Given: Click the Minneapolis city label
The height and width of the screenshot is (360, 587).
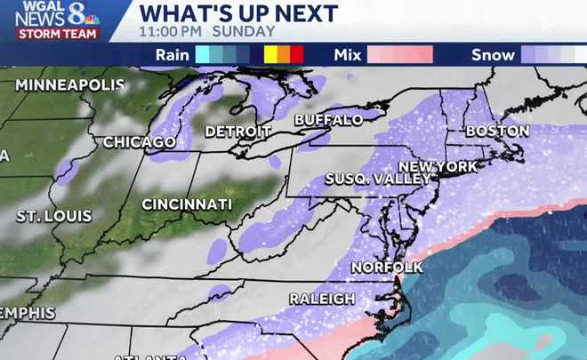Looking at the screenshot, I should (70, 85).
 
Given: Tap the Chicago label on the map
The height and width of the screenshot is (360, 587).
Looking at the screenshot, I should (140, 142).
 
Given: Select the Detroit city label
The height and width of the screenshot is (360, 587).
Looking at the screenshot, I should (237, 132).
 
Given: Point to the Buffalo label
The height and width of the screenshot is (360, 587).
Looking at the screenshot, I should (328, 119).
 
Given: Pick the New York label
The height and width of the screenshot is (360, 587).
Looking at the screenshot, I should (438, 166).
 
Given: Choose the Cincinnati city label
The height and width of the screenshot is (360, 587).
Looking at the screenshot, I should (187, 204).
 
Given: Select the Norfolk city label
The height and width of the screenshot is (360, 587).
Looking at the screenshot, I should (386, 268).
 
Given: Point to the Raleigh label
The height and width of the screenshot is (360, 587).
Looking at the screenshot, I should (324, 299).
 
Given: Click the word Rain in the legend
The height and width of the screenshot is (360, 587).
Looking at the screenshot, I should (172, 54).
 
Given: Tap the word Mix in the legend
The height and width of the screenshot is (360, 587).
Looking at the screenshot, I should (348, 54).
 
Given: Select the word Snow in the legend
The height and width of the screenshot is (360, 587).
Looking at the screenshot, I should (493, 54).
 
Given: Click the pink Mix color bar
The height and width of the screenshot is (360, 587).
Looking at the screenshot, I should (400, 54).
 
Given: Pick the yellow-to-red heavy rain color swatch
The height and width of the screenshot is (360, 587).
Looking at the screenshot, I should (285, 54).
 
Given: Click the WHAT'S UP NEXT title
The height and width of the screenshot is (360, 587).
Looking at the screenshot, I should (238, 13).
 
